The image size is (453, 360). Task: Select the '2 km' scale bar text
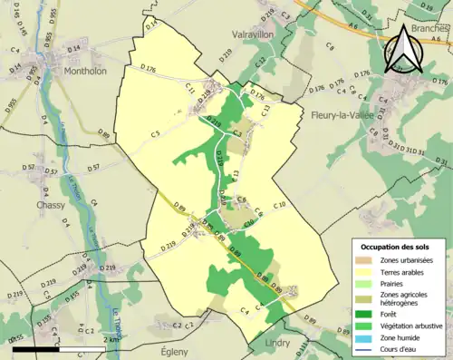111,338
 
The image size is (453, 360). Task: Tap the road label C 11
190,88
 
